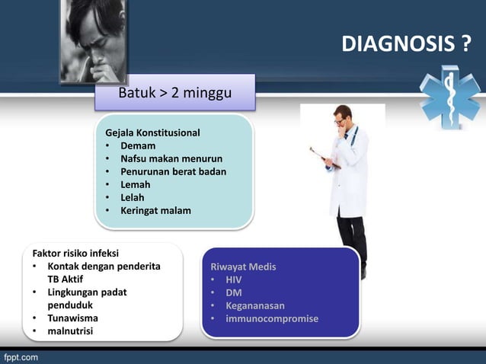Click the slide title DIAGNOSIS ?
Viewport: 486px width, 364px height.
click(x=405, y=45)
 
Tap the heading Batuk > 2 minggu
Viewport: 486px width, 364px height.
click(x=174, y=94)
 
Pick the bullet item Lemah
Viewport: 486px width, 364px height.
click(x=136, y=184)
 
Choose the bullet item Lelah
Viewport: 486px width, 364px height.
click(x=133, y=197)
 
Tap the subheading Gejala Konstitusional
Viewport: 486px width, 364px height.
click(x=152, y=133)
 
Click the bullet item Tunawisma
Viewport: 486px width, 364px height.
click(x=73, y=318)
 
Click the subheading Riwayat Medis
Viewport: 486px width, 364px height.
click(x=243, y=267)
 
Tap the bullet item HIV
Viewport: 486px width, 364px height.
click(x=234, y=279)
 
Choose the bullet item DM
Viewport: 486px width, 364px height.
click(x=234, y=292)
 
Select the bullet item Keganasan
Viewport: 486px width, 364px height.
click(x=255, y=305)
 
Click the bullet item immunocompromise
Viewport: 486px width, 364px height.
click(x=272, y=318)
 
